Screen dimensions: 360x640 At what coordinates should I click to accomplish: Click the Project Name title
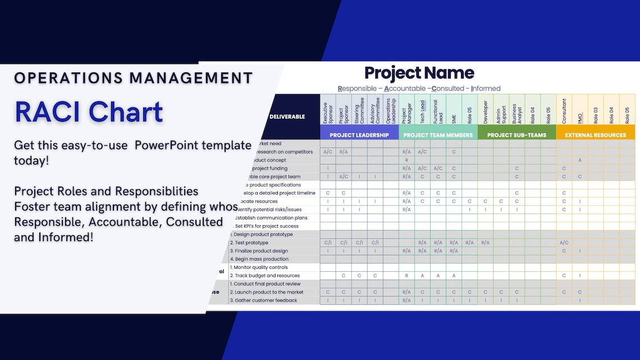coord(419,73)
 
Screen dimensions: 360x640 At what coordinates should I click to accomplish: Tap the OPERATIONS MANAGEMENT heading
coord(133,78)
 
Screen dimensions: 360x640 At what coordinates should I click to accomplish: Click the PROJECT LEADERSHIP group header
coord(359,135)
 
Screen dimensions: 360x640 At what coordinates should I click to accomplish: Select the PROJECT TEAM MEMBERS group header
coord(438,135)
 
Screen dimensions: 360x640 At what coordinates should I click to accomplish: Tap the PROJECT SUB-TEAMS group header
coord(516,135)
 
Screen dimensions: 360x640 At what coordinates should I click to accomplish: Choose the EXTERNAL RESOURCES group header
coord(596,135)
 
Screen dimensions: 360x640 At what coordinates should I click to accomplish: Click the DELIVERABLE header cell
coord(287,117)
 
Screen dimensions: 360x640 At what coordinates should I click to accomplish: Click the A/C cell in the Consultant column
coord(564,243)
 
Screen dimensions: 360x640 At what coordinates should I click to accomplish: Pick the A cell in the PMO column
coord(580,160)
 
